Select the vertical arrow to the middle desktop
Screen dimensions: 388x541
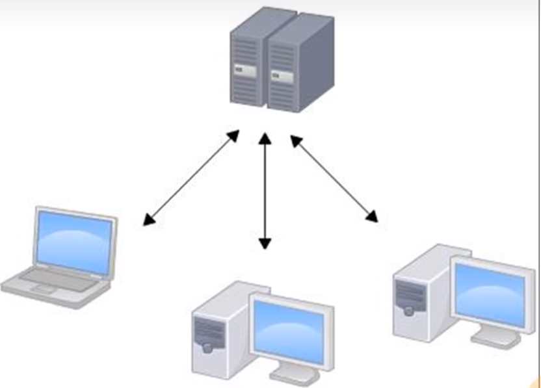(264, 192)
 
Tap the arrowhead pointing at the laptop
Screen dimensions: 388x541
(149, 221)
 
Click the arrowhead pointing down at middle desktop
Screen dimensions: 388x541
(264, 244)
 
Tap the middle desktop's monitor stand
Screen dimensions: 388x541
(292, 372)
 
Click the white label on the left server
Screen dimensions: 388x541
(243, 68)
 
